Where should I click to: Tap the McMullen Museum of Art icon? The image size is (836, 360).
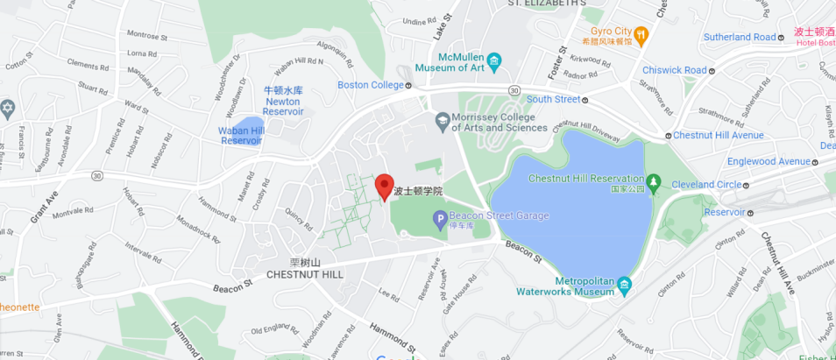(495, 60)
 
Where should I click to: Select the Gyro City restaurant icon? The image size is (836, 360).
(641, 36)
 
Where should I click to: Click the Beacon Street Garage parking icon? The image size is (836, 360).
(437, 220)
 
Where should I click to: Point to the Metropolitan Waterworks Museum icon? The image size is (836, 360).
(623, 286)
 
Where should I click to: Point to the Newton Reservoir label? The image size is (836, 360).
(283, 101)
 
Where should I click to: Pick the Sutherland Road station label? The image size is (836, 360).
(740, 37)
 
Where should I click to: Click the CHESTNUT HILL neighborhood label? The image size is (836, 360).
(305, 274)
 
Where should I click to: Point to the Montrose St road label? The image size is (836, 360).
(146, 36)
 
